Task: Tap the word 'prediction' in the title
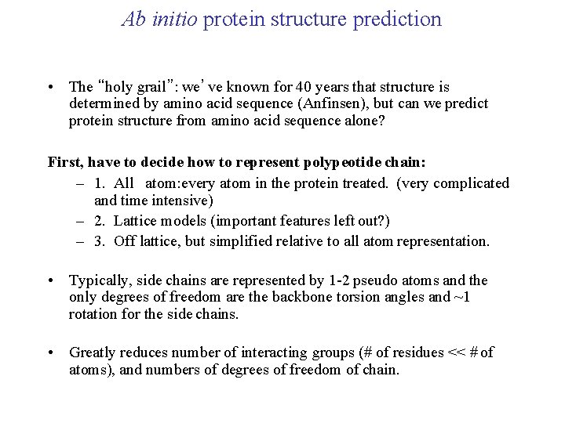[397, 19]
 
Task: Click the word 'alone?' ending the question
[361, 120]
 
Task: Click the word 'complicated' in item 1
[468, 183]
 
